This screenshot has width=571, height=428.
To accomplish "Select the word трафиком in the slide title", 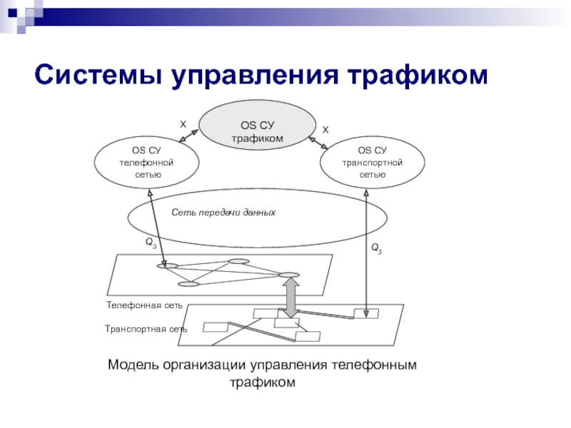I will [x=418, y=75].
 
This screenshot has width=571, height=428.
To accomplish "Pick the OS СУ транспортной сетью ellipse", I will [x=372, y=163].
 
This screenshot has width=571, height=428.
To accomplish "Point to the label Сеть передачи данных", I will [x=223, y=213].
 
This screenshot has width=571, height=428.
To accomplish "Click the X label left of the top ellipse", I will [x=183, y=124].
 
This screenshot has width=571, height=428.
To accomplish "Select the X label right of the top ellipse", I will [x=325, y=130].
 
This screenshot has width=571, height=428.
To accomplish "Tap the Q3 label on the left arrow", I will [x=151, y=243].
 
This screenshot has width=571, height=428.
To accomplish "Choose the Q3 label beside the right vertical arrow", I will [x=376, y=248].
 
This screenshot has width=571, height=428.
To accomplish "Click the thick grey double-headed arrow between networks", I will [x=291, y=297].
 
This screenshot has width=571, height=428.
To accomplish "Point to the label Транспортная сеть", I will [x=146, y=330].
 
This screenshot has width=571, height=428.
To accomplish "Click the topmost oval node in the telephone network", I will [x=237, y=262].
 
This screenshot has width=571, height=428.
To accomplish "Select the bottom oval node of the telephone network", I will [x=188, y=284].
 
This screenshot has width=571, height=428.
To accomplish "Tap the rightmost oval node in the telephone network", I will [x=289, y=275].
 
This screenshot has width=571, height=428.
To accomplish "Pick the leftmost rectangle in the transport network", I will [x=215, y=327].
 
